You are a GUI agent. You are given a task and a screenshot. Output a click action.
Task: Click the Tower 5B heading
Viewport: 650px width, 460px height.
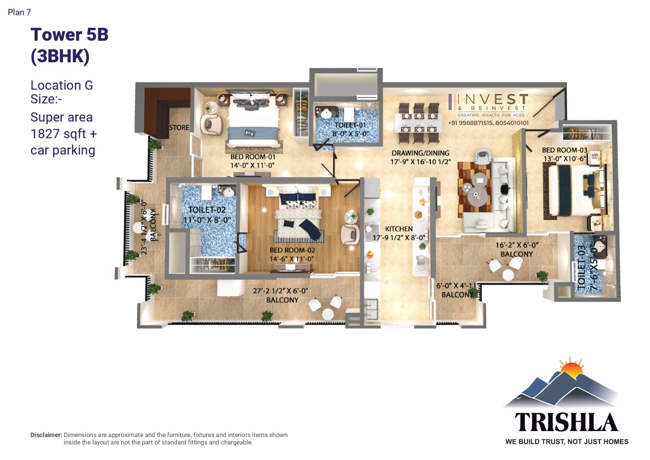point(69,35)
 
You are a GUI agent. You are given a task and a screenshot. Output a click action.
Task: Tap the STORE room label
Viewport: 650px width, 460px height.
point(179,128)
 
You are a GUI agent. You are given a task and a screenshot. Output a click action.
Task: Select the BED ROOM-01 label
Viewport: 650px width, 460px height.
point(252,157)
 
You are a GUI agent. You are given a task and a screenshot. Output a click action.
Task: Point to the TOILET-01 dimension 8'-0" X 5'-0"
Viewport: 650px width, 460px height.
point(350,134)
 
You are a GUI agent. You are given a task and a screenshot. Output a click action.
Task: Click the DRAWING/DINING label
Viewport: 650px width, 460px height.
point(420,153)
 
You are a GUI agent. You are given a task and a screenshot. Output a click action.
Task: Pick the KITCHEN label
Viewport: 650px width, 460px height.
point(399,229)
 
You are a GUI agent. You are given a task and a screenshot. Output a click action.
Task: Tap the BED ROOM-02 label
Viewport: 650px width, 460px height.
point(292,250)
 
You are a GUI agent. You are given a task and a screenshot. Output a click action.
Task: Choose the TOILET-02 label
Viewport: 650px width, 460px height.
point(207,210)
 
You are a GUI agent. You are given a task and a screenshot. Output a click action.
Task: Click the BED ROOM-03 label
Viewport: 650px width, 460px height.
point(565,150)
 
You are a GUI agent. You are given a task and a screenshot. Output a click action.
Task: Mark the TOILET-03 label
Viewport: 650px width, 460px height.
point(581,267)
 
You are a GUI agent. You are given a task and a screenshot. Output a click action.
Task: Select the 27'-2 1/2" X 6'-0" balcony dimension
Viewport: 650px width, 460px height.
point(280,291)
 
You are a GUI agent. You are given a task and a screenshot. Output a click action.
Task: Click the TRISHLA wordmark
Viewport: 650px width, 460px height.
point(566,423)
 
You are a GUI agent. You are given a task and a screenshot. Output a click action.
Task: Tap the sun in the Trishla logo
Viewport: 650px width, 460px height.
point(571,369)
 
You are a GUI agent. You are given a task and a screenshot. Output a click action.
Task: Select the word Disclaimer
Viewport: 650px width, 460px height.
point(46,435)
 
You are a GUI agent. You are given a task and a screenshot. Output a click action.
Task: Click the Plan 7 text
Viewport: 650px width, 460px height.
point(19,12)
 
